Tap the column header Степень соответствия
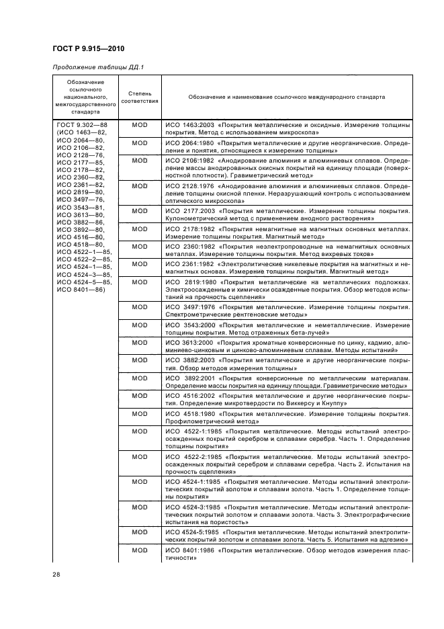(x=140, y=97)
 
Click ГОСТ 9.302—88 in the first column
(x=78, y=125)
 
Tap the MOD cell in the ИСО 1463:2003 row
(x=140, y=125)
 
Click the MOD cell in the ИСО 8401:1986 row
(x=140, y=550)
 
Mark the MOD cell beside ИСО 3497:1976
(x=140, y=306)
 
